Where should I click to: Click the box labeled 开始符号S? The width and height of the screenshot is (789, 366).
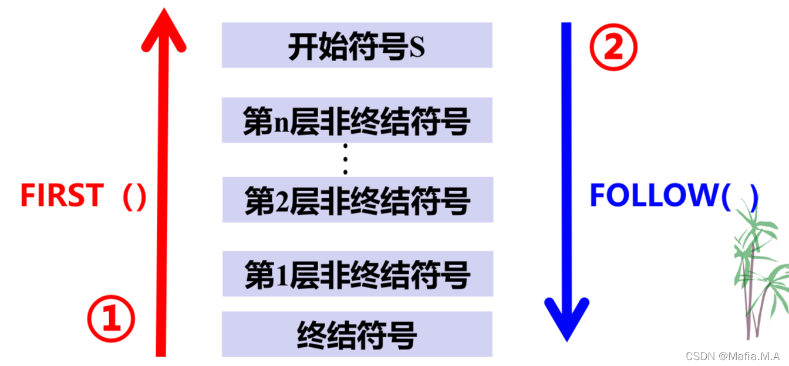[x=356, y=45]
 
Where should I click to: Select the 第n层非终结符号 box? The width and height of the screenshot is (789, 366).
[x=356, y=120]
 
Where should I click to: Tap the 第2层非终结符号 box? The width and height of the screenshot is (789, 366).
[x=356, y=200]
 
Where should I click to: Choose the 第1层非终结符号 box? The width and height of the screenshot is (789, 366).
[x=356, y=274]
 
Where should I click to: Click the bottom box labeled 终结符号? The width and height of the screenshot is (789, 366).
[x=356, y=334]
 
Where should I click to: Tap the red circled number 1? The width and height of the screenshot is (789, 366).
[x=111, y=319]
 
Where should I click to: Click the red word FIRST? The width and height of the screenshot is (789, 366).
[x=62, y=196]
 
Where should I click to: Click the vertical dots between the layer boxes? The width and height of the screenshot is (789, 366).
[x=345, y=159]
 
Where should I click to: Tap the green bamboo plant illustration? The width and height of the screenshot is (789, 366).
[x=757, y=270]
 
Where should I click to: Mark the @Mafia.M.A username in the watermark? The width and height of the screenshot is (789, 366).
[x=749, y=355]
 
